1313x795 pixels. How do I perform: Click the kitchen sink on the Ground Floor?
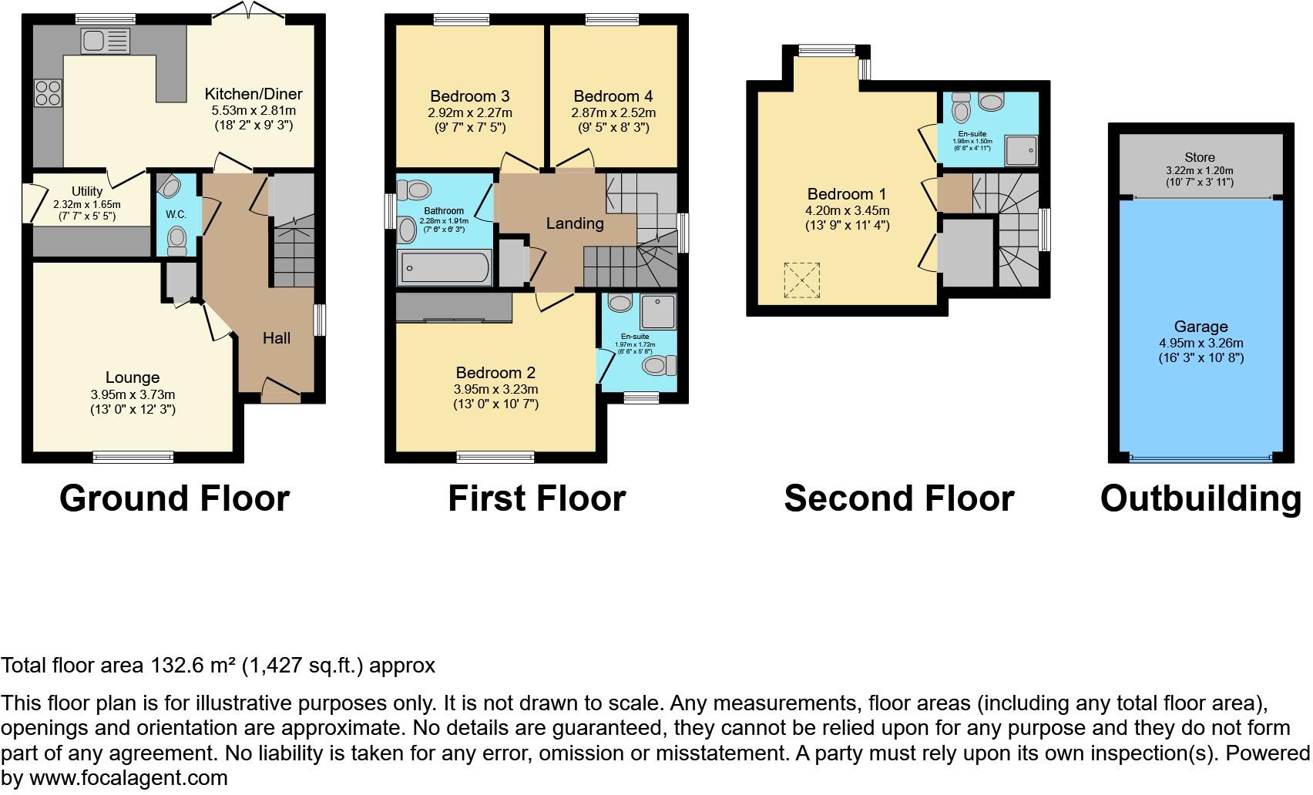point(106,40)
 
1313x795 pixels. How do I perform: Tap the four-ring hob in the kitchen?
point(48,93)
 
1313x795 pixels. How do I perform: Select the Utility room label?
point(87,191)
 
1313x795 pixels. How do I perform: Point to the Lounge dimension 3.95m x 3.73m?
point(133,394)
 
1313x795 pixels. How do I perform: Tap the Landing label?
point(574,223)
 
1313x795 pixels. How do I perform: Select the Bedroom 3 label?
point(469,96)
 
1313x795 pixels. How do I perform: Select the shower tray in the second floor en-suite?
point(1023,152)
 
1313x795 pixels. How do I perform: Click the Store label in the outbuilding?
point(1200,157)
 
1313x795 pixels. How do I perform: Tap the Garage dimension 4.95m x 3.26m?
point(1201,344)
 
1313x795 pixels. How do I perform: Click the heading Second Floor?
point(898,498)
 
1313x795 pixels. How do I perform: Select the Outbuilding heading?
point(1201,498)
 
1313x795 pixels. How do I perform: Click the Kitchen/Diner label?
point(253,94)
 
